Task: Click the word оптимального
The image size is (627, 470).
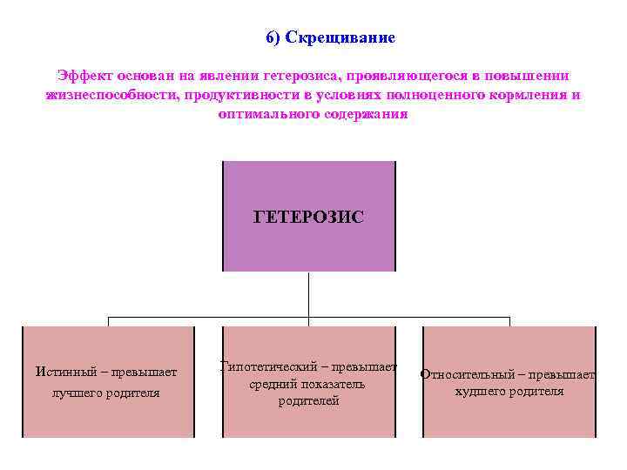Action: (266, 114)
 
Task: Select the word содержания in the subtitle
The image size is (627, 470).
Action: (365, 114)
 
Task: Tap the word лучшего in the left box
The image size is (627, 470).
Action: (77, 393)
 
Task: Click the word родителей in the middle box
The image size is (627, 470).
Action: (308, 401)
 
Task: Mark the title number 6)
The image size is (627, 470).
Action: (273, 38)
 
